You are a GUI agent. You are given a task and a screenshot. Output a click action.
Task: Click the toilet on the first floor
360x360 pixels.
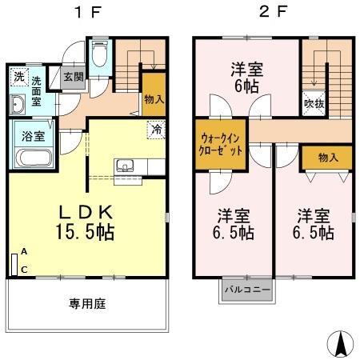(x=99, y=56)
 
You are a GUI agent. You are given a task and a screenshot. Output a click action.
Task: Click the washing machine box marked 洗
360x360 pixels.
(x=18, y=77)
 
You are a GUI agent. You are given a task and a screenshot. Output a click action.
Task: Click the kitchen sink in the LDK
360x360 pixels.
(x=126, y=166)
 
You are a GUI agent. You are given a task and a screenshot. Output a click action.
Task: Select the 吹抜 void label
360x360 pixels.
(x=314, y=104)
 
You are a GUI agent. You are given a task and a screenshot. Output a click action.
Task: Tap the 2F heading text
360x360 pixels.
(x=272, y=14)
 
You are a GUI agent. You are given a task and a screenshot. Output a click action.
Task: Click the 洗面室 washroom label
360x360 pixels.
(x=37, y=86)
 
